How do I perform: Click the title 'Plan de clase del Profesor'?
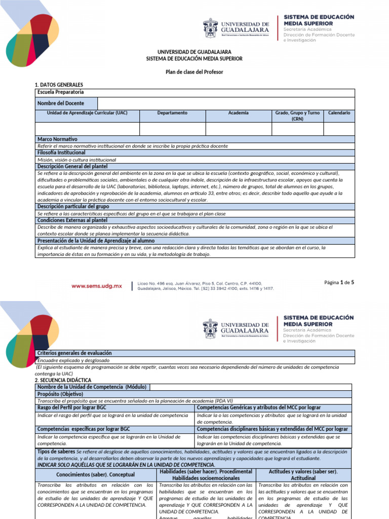point(194,72)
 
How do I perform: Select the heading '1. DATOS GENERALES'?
point(58,85)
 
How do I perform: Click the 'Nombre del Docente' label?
point(60,103)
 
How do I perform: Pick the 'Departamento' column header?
point(172,113)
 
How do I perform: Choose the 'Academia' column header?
point(238,113)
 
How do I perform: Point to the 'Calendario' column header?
point(339,113)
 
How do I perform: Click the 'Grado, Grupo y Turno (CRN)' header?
point(297,116)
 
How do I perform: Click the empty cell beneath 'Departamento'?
point(172,129)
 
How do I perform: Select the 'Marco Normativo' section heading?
point(57,139)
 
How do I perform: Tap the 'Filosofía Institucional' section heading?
point(61,153)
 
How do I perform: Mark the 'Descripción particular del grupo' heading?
point(73,207)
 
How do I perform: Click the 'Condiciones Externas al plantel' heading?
point(72,220)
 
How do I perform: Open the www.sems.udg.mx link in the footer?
point(97,286)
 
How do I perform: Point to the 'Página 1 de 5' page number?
point(339,282)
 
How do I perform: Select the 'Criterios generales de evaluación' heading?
point(74,353)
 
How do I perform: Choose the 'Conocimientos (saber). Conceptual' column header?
point(95,475)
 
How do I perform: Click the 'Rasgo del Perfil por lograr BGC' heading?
point(72,407)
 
